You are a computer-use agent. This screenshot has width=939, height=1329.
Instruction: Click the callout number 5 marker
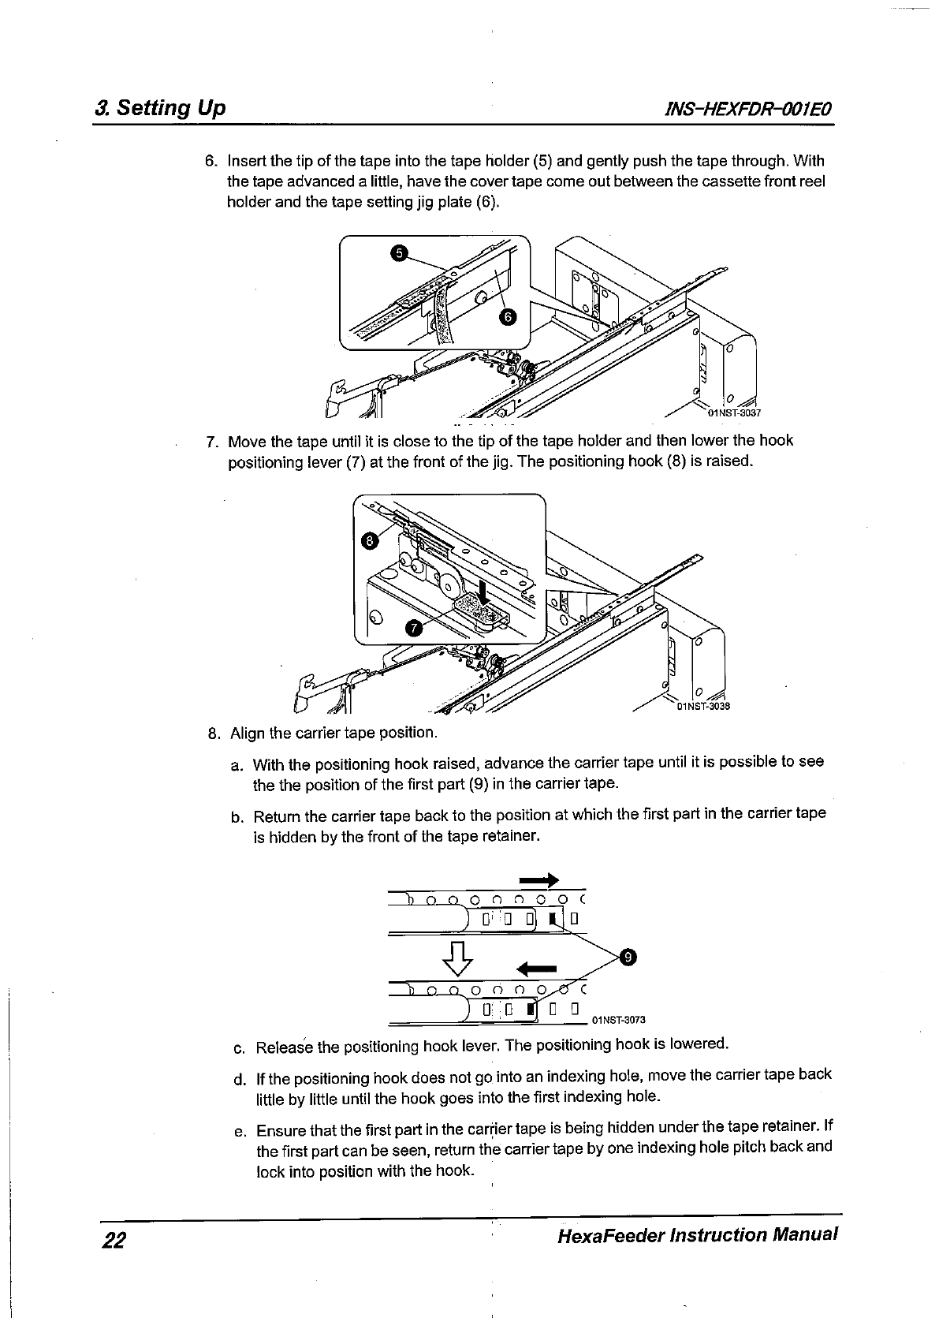coord(400,252)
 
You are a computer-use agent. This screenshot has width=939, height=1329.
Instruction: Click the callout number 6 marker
coord(509,317)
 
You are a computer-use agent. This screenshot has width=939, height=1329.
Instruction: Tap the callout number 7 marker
coord(412,627)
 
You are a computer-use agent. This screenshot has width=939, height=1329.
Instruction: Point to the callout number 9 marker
coord(628,957)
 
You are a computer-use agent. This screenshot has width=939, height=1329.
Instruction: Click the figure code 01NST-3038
coord(704,706)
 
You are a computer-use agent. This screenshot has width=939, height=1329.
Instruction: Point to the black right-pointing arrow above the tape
coord(539,879)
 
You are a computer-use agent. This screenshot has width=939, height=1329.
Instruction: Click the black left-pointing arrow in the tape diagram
coord(536,969)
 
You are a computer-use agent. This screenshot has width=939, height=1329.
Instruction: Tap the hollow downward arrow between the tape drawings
coord(460,958)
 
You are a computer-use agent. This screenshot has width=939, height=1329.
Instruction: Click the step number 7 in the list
coord(211,440)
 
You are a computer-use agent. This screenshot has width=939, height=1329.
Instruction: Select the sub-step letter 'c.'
coord(240,1048)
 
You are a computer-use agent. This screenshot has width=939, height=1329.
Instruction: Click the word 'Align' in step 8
coord(248,733)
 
